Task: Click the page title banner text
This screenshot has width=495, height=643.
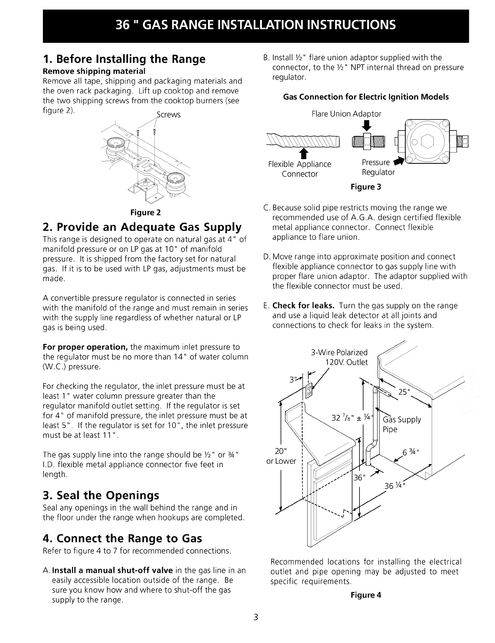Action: [256, 25]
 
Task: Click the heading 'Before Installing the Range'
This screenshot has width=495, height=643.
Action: [124, 60]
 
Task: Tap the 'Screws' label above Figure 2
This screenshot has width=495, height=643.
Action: [168, 115]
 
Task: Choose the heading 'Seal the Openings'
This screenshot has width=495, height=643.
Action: [101, 496]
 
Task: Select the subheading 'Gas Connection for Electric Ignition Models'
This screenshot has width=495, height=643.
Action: [366, 97]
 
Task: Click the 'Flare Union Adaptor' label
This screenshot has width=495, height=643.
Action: [346, 114]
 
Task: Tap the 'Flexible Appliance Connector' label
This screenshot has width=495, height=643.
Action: [300, 169]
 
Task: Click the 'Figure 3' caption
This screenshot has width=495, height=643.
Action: [366, 187]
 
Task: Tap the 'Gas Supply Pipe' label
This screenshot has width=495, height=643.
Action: [401, 424]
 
